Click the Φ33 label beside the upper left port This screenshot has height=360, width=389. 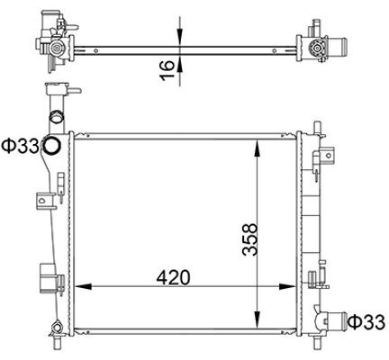click(x=18, y=146)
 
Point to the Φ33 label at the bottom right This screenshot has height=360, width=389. click(x=366, y=321)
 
